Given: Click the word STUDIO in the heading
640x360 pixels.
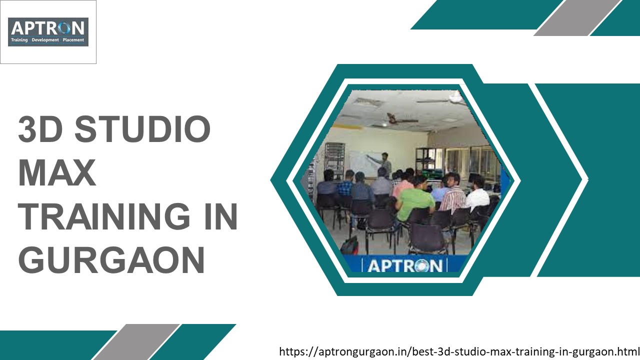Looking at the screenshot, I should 143,129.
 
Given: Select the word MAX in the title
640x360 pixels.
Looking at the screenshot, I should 56,173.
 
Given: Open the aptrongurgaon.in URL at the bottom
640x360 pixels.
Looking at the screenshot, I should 459,351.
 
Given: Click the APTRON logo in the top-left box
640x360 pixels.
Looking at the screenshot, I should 48,32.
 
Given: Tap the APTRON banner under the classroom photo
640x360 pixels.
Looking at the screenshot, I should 405,265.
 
